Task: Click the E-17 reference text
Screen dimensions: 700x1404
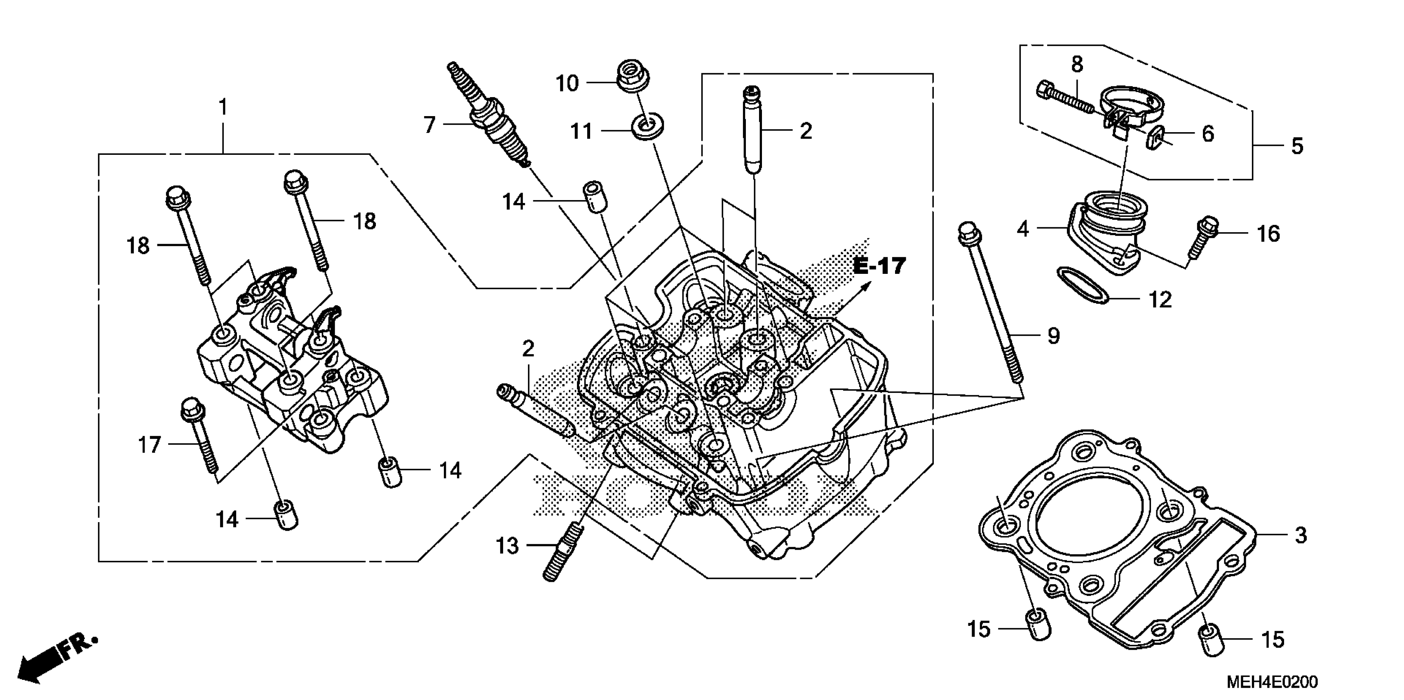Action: (879, 266)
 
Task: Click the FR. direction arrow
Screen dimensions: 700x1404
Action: (54, 659)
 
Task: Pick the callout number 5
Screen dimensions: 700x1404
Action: (1297, 147)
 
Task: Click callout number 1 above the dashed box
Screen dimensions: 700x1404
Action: (223, 107)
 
